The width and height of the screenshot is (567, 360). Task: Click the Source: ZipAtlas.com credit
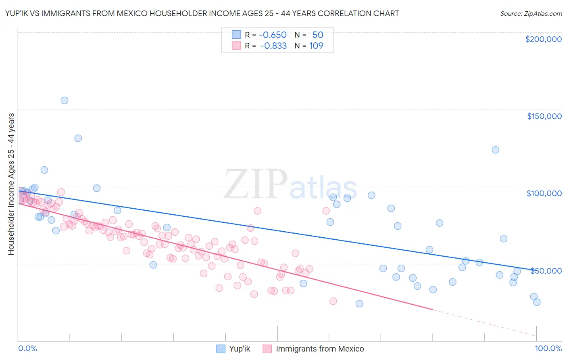pos(531,13)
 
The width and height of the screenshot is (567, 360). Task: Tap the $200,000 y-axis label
pos(543,39)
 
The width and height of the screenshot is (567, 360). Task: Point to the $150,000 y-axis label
pos(544,116)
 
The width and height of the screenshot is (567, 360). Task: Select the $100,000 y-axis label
pos(544,193)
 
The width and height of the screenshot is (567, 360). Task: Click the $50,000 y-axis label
pos(546,270)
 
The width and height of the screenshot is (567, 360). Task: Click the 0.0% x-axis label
pos(27,348)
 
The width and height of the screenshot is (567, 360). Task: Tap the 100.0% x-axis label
pos(548,348)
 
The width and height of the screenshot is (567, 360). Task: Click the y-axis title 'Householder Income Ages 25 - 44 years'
pos(11,184)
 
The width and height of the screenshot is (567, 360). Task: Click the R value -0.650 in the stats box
pos(273,35)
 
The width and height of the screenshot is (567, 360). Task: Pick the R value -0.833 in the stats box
pos(273,46)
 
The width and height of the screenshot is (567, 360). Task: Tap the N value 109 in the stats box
pos(316,46)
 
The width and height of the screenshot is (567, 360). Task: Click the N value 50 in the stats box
pos(317,35)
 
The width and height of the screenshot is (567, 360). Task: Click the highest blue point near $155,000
pos(65,100)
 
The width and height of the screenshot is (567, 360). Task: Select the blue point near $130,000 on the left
pos(78,138)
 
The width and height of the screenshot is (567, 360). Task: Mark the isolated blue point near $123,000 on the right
pos(495,150)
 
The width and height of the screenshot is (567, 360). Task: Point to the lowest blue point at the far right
pos(536,302)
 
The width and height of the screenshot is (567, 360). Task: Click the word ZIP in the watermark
pos(256,185)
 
